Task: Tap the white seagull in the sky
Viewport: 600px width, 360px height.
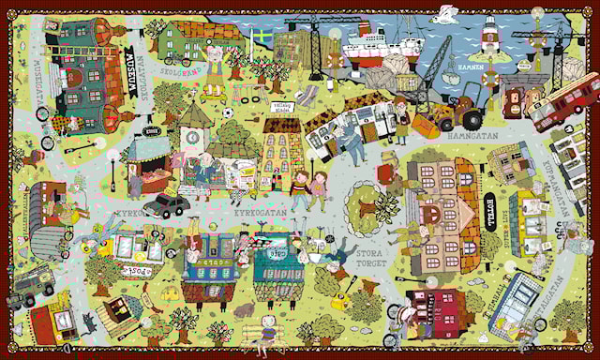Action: (449, 13)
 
